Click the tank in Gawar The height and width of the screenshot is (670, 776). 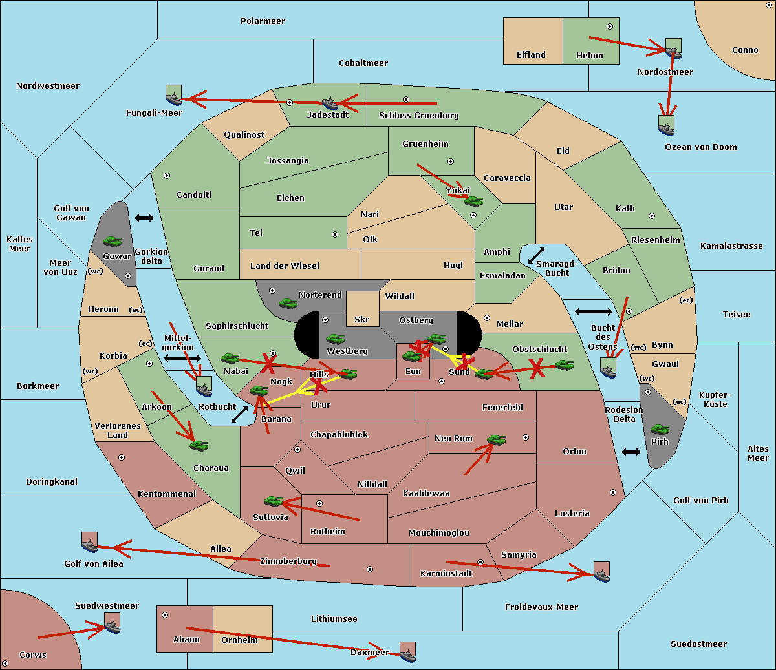pyautogui.click(x=113, y=242)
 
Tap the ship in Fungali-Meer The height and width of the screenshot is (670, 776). pyautogui.click(x=174, y=99)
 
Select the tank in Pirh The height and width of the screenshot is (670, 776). pyautogui.click(x=660, y=429)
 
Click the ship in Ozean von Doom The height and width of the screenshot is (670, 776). pyautogui.click(x=666, y=129)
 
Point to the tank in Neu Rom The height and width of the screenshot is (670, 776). pyautogui.click(x=496, y=439)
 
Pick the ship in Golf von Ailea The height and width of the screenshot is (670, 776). pyautogui.click(x=90, y=545)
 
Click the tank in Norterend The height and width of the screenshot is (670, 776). pyautogui.click(x=288, y=303)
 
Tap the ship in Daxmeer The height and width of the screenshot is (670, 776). pyautogui.click(x=407, y=655)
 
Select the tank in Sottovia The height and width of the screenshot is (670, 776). pyautogui.click(x=274, y=501)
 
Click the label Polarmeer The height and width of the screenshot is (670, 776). pyautogui.click(x=263, y=21)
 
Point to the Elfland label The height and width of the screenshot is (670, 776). pyautogui.click(x=531, y=55)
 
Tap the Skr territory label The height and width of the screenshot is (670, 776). pyautogui.click(x=361, y=319)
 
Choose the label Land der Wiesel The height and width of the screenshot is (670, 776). pyautogui.click(x=285, y=266)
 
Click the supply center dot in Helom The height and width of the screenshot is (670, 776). pyautogui.click(x=610, y=26)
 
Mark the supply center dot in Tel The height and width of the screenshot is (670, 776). pyautogui.click(x=335, y=235)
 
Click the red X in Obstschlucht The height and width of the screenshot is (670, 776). pyautogui.click(x=537, y=368)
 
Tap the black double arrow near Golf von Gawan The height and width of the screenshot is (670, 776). pyautogui.click(x=144, y=218)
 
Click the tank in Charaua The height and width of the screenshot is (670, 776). pyautogui.click(x=199, y=446)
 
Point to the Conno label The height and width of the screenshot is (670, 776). pyautogui.click(x=745, y=50)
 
